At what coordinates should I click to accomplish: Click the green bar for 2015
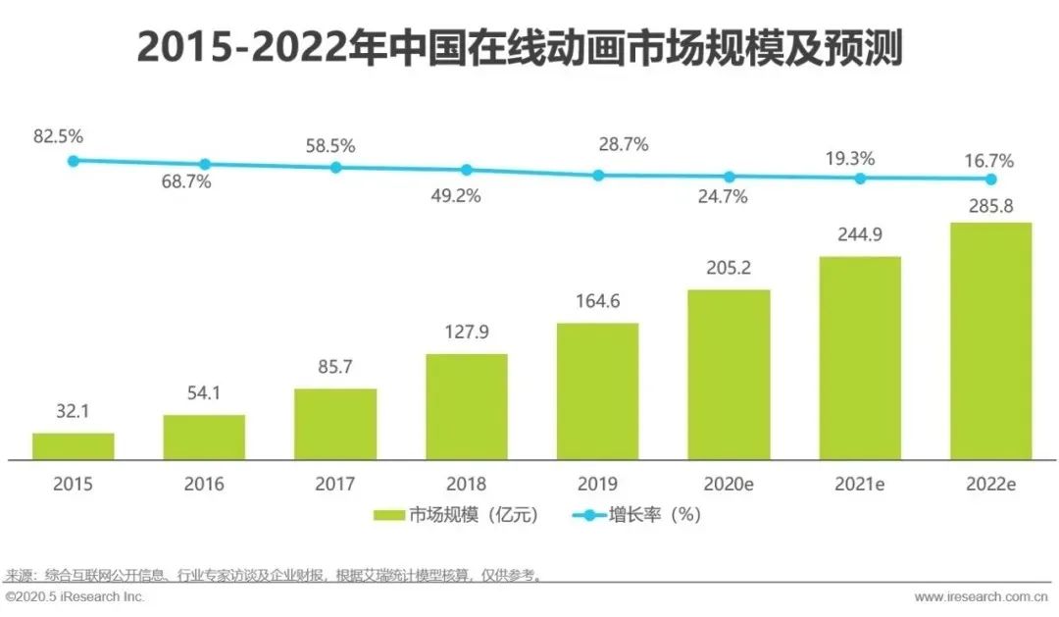[74, 446]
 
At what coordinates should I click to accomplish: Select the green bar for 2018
[467, 406]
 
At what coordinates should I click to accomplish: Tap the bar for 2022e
[990, 340]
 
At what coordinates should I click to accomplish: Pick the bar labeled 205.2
[729, 375]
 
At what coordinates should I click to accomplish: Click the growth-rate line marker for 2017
[335, 167]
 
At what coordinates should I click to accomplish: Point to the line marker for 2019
[598, 175]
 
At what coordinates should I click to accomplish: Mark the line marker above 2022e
[991, 179]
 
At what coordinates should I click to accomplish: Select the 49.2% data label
[456, 195]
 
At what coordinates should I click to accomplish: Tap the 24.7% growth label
[723, 196]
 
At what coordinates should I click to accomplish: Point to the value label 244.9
[859, 236]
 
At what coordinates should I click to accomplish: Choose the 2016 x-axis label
[203, 484]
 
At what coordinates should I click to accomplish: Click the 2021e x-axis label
[860, 484]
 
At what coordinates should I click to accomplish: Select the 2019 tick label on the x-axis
[597, 484]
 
